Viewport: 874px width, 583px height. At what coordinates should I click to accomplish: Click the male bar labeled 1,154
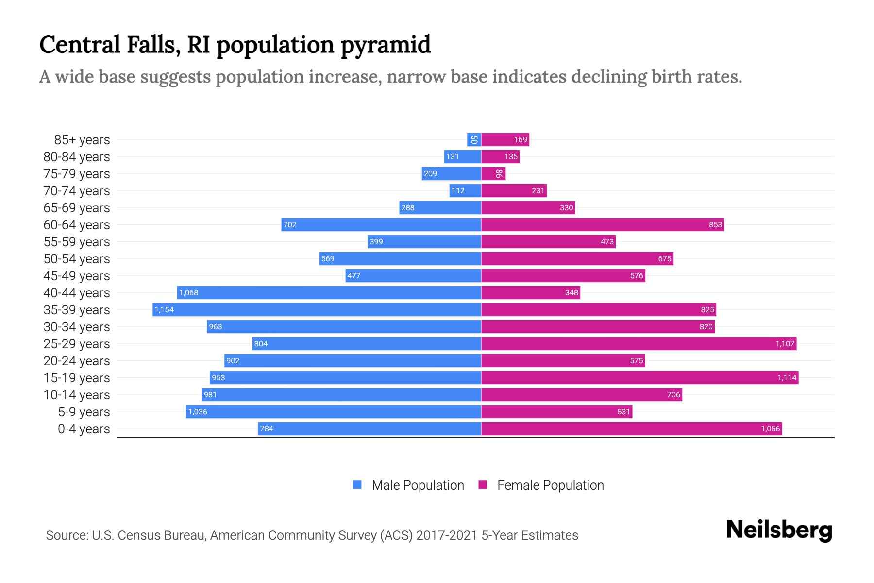317,309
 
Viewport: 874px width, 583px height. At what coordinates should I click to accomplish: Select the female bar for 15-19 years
639,377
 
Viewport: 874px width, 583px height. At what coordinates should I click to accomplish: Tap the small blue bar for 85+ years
474,139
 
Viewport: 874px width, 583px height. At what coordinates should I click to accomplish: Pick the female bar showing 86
493,173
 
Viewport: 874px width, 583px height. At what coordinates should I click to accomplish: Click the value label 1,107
785,343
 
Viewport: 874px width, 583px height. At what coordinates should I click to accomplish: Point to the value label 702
290,224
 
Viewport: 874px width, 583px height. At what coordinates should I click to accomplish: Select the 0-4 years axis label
84,429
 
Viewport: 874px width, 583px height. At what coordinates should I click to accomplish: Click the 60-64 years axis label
77,224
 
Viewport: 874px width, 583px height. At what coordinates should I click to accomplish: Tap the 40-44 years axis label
77,292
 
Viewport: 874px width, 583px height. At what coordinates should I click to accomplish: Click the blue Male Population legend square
357,485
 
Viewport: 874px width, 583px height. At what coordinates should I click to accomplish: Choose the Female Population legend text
550,485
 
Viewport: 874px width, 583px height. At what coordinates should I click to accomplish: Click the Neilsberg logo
779,530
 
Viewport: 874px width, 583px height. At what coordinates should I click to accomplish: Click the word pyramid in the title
386,45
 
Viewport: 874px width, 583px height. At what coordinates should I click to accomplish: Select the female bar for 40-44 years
530,292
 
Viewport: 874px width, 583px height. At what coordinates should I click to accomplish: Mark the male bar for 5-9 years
334,412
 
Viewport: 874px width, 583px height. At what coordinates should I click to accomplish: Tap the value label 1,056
770,429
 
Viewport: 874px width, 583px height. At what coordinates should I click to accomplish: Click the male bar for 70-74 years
465,190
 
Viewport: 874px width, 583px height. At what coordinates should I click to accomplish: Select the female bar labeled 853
602,224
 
